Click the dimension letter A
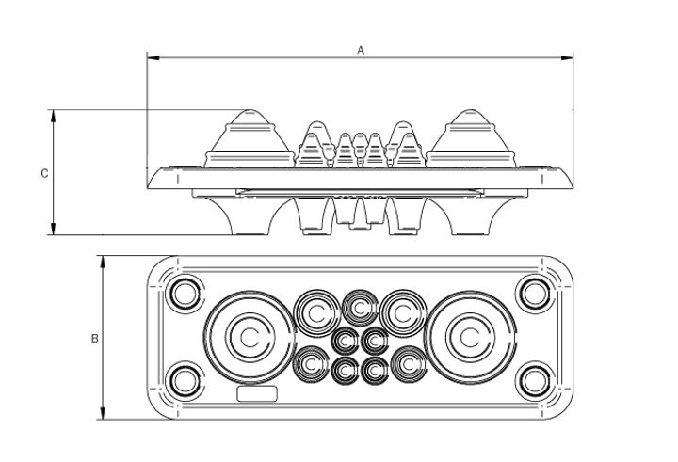tap(361, 51)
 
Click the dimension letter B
tap(94, 338)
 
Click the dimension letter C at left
tap(44, 173)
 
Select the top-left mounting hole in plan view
tap(184, 292)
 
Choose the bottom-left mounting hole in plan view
tap(184, 381)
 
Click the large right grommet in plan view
tap(469, 337)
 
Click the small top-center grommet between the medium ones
tap(360, 306)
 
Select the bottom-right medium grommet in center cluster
tap(409, 364)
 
